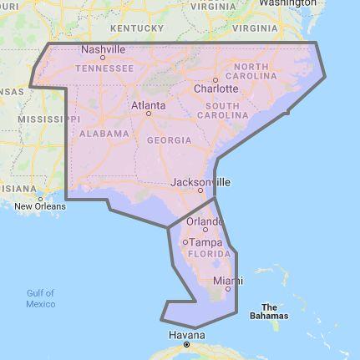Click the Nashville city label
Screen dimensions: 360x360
coord(103,49)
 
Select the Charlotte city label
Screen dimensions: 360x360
coord(215,88)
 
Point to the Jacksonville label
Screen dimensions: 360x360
coord(200,181)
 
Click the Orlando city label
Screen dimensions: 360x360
coord(205,221)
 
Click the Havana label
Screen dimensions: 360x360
coord(186,335)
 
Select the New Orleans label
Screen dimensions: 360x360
coord(39,205)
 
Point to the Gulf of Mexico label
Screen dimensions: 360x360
coord(40,298)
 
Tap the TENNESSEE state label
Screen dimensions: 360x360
coord(106,68)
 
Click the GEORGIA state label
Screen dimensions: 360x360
coord(169,140)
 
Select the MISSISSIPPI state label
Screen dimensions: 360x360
coord(33,119)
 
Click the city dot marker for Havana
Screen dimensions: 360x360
coord(187,344)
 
